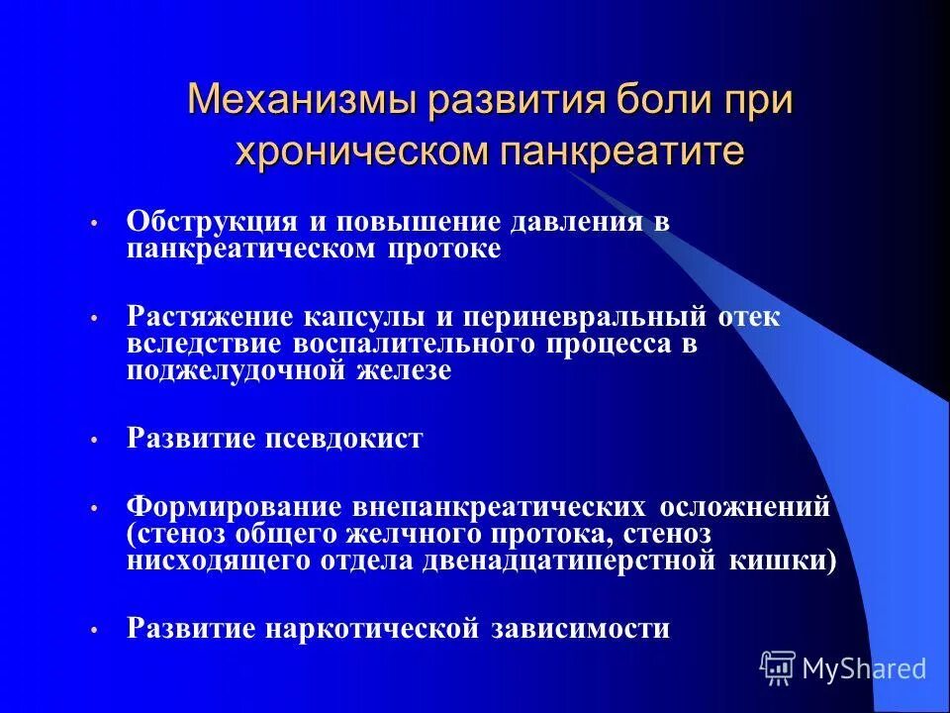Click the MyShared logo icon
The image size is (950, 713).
(778, 667)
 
